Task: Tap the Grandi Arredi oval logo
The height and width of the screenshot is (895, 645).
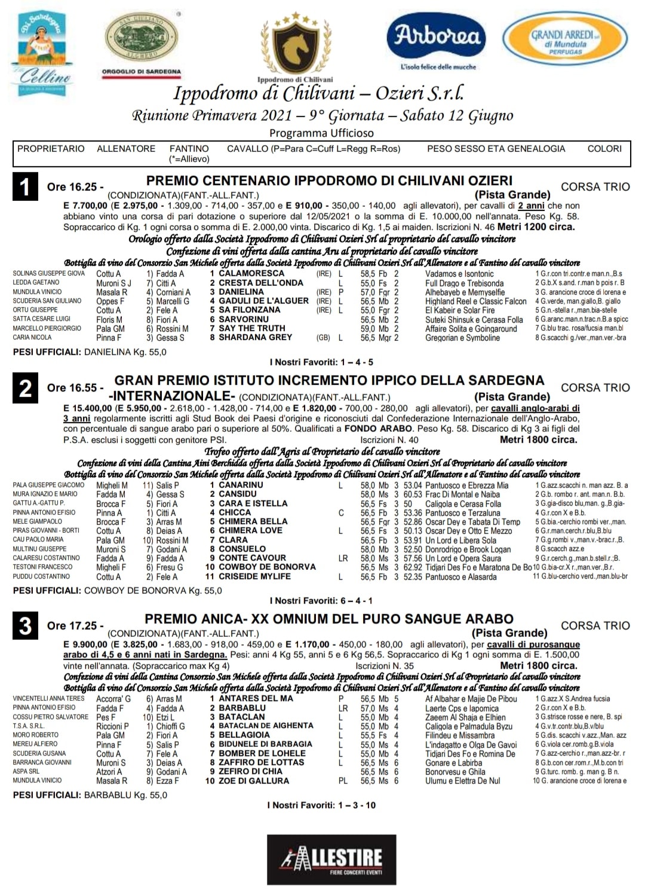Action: (566, 41)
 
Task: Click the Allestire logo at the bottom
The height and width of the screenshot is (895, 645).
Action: (331, 859)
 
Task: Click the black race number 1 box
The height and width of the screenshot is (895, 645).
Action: (25, 187)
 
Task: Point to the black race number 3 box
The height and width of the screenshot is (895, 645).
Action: (25, 625)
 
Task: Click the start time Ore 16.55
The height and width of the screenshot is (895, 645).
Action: (75, 387)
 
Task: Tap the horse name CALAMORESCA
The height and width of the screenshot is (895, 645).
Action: (251, 273)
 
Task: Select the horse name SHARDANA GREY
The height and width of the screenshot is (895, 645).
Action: (256, 337)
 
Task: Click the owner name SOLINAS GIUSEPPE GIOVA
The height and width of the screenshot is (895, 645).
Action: (49, 273)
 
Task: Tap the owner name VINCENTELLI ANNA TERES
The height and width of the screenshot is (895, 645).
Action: (49, 698)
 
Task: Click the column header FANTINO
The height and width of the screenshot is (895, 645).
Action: (189, 149)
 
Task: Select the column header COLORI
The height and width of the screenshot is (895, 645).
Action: (604, 149)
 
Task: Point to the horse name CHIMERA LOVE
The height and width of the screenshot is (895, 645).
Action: (250, 530)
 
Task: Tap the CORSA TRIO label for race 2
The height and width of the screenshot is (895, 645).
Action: (595, 387)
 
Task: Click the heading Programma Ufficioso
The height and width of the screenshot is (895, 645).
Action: (321, 133)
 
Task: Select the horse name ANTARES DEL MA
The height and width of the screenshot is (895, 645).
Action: (256, 698)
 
